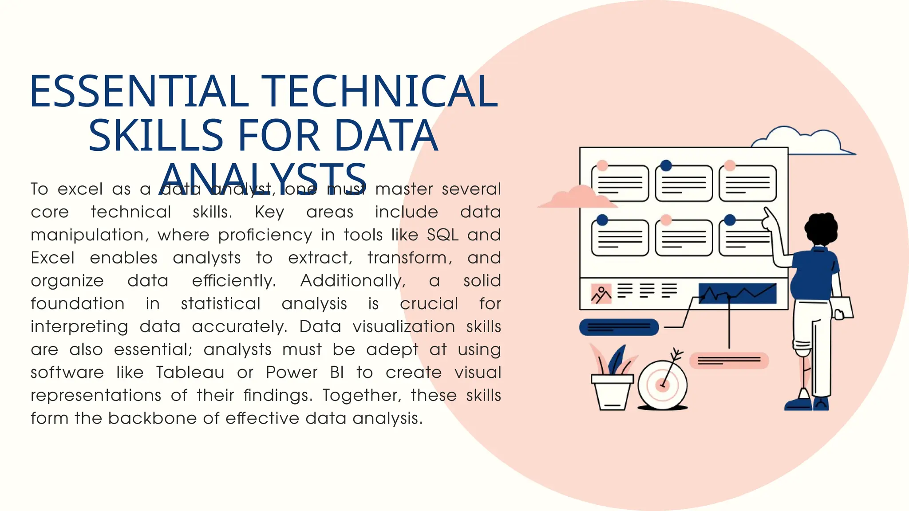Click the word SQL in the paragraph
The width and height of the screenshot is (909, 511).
click(x=443, y=235)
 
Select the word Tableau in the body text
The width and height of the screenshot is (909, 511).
click(x=190, y=372)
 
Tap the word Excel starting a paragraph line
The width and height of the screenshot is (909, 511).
click(x=52, y=258)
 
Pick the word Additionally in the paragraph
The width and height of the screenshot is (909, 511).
click(x=353, y=281)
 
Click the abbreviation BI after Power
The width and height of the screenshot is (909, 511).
click(x=337, y=372)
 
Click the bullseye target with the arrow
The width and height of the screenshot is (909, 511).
click(x=662, y=384)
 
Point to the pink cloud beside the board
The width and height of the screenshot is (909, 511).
click(x=577, y=198)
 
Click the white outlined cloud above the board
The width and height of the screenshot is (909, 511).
click(x=803, y=141)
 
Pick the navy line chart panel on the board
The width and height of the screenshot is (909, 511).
click(x=737, y=294)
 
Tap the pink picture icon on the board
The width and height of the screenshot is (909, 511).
click(x=601, y=294)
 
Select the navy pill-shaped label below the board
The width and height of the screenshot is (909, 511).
click(x=619, y=327)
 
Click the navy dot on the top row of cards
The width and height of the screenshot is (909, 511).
click(x=666, y=165)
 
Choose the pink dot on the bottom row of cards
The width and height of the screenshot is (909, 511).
click(x=666, y=220)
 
